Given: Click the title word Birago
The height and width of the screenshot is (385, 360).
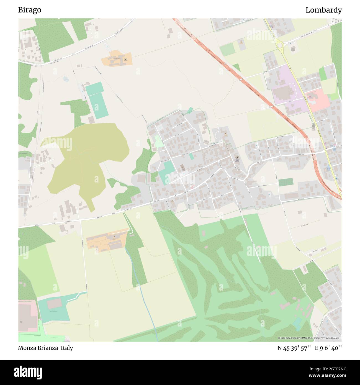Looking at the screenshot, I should pyautogui.click(x=30, y=10).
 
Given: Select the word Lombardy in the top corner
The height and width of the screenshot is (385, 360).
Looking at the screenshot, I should pyautogui.click(x=323, y=10).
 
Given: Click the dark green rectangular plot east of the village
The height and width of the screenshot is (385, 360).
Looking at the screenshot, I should pyautogui.click(x=286, y=182).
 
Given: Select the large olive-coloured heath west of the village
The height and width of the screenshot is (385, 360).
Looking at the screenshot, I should pyautogui.click(x=86, y=158).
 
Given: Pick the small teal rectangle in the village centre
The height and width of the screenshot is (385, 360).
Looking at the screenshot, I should pyautogui.click(x=191, y=156).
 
